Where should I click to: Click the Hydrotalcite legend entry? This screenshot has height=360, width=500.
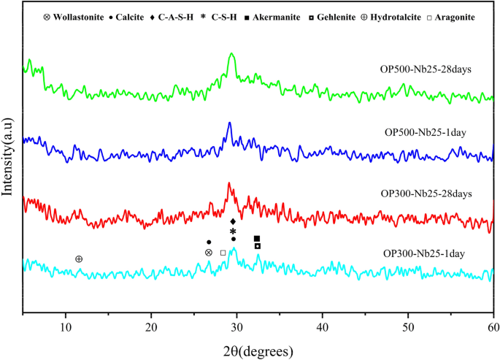[x=404, y=15]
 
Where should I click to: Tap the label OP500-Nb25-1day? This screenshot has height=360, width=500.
[x=426, y=132]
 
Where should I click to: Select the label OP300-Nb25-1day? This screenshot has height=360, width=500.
[x=426, y=253]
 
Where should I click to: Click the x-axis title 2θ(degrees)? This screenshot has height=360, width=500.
[x=258, y=349]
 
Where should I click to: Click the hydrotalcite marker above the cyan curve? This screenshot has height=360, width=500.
[x=79, y=259]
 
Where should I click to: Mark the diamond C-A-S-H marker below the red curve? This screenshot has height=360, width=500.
[x=233, y=221]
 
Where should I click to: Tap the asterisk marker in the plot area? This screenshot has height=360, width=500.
[x=233, y=230]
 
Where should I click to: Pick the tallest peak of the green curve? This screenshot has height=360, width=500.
[x=231, y=54]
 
